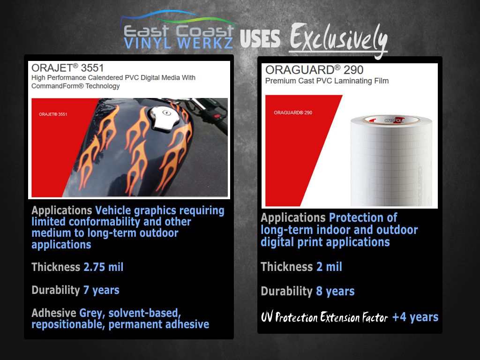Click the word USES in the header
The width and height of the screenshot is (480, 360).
(x=260, y=39)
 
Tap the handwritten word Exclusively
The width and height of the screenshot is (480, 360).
(x=338, y=40)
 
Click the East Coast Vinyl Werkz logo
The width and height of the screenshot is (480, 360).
(x=179, y=30)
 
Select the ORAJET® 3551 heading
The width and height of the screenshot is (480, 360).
(x=67, y=67)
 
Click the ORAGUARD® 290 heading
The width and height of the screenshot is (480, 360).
(x=315, y=70)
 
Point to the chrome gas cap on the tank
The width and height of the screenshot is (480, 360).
(x=164, y=120)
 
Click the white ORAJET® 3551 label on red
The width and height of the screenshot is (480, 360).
(x=53, y=114)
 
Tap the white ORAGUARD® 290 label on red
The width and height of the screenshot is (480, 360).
(x=293, y=112)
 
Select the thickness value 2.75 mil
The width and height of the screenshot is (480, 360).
(x=104, y=267)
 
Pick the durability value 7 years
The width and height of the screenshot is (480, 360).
(x=101, y=290)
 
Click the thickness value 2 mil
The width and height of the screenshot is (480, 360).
(x=329, y=267)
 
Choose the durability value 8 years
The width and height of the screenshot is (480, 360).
(x=335, y=291)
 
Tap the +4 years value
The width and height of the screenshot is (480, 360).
(x=415, y=317)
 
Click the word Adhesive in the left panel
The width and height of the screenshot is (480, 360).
(x=54, y=313)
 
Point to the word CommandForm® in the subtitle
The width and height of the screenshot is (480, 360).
(x=58, y=86)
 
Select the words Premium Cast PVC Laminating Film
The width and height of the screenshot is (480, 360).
(x=327, y=81)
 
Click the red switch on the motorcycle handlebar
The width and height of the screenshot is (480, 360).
(x=217, y=116)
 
